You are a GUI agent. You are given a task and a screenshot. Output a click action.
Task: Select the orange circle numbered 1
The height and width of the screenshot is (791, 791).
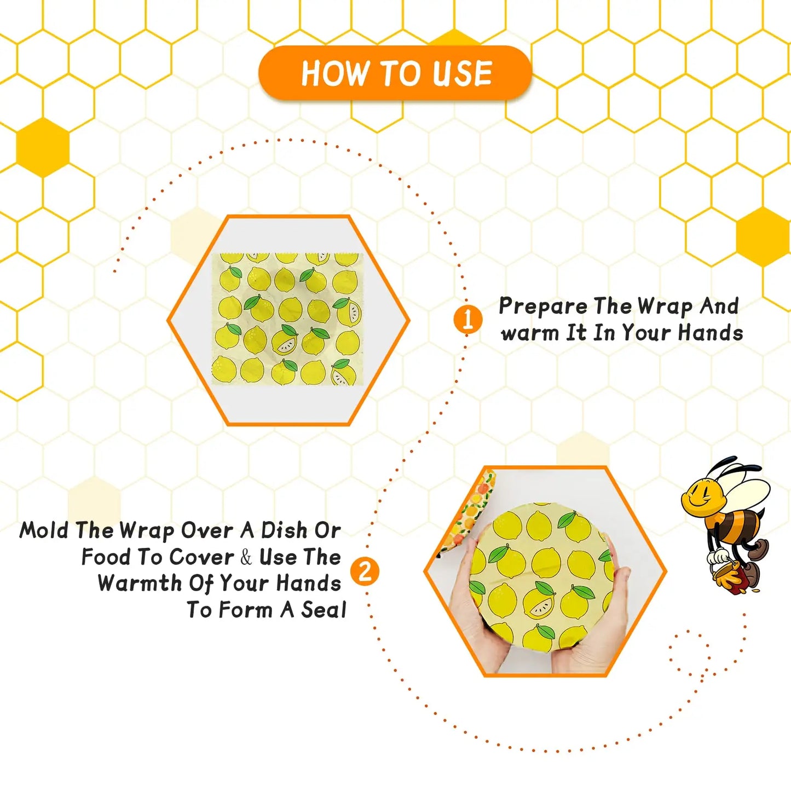(467, 319)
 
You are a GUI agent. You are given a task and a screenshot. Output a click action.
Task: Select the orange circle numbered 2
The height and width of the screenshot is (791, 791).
(365, 572)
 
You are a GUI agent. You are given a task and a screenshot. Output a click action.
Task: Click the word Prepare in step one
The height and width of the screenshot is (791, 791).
(542, 307)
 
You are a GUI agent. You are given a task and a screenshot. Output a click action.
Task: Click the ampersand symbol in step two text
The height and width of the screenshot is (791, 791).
(246, 557)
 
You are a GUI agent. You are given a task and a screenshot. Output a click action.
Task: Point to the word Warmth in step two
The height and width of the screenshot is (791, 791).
(139, 583)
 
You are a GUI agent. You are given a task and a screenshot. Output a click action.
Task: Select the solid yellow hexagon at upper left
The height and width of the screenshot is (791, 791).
(43, 147)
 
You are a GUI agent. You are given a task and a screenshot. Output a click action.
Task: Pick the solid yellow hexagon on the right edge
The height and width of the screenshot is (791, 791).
(763, 236)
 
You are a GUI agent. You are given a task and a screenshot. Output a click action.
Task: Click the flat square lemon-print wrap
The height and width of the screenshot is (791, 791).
(287, 319)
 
